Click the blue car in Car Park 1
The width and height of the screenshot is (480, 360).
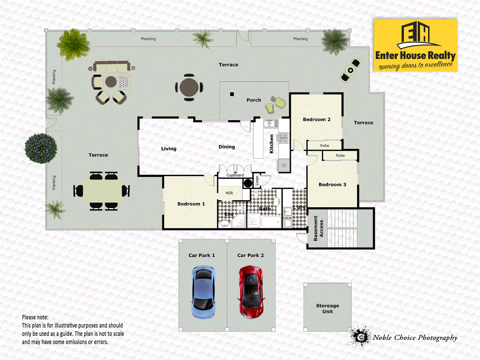(x=203, y=292)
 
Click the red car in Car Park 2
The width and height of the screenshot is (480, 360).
(x=251, y=292)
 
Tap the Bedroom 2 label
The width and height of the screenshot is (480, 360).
(x=317, y=119)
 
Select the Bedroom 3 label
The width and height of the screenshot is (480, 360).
(x=332, y=184)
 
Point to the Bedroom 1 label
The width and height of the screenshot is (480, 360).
(x=191, y=204)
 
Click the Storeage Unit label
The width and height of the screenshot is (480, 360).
(x=327, y=308)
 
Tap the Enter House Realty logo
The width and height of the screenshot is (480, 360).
(x=415, y=45)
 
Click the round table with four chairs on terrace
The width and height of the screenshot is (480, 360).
(x=189, y=88)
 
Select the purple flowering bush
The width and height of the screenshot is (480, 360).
(x=41, y=148)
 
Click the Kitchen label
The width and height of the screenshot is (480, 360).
(x=271, y=144)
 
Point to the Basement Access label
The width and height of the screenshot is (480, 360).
(x=318, y=228)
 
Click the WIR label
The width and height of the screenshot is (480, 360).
(x=229, y=193)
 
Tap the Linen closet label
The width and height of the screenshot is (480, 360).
(x=257, y=181)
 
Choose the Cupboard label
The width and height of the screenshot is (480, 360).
(x=235, y=175)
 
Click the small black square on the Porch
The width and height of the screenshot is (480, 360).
(x=232, y=94)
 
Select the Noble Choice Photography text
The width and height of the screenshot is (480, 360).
(x=415, y=338)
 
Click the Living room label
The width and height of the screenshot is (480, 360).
(x=169, y=149)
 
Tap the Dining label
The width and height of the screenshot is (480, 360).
(x=227, y=147)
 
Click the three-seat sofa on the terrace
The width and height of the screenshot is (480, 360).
(x=111, y=66)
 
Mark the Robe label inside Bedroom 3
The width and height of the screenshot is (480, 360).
(x=340, y=155)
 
